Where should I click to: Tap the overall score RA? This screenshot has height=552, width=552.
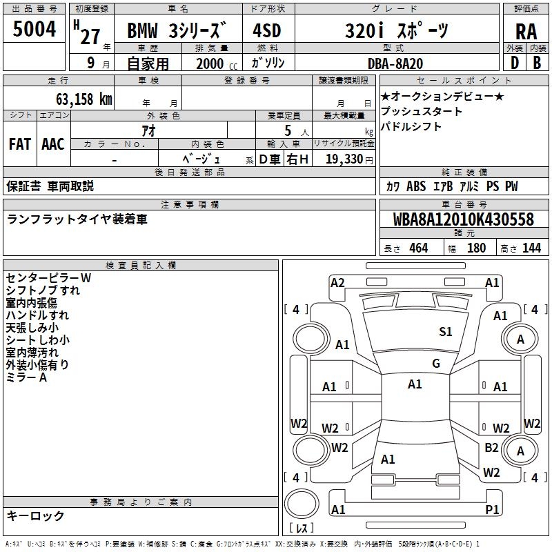pyautogui.click(x=526, y=31)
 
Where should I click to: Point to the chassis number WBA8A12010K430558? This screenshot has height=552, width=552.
pyautogui.click(x=464, y=219)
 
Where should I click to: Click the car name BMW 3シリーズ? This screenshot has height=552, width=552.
pyautogui.click(x=177, y=31)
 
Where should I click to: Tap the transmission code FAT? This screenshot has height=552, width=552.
pyautogui.click(x=19, y=144)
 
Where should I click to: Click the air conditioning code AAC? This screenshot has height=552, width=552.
pyautogui.click(x=53, y=144)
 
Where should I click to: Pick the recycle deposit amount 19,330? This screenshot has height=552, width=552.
pyautogui.click(x=344, y=159)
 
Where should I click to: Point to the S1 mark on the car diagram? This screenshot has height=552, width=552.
pyautogui.click(x=446, y=332)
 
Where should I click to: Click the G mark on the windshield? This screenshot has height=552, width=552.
pyautogui.click(x=435, y=364)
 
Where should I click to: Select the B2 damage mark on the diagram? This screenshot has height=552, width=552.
pyautogui.click(x=491, y=447)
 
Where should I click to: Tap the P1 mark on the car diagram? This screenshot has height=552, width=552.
pyautogui.click(x=492, y=509)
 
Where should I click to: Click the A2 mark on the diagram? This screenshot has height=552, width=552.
pyautogui.click(x=337, y=282)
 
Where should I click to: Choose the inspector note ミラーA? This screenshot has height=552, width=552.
pyautogui.click(x=26, y=377)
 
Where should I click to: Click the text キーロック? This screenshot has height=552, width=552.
pyautogui.click(x=35, y=516)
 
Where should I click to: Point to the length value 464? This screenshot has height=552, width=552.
pyautogui.click(x=417, y=248)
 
